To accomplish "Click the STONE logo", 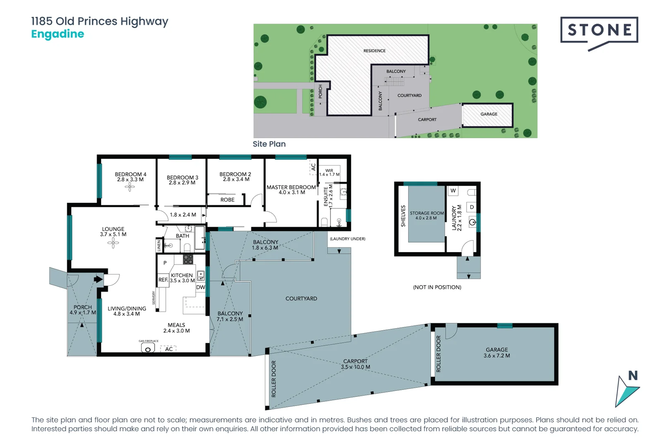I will [x=599, y=30].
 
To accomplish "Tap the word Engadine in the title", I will [x=57, y=34].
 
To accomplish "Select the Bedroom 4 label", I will [x=130, y=177].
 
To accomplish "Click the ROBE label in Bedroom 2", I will [x=227, y=199].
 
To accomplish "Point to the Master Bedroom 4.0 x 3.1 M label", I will [x=291, y=190].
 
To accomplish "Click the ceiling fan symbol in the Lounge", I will [x=113, y=243].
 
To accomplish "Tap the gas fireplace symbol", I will [x=148, y=349].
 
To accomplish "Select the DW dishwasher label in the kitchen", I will [x=201, y=287].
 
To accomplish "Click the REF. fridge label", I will [x=163, y=280].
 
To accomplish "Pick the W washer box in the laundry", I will [x=453, y=190].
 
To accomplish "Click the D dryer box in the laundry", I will [x=471, y=207].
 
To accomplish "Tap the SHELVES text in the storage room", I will [x=403, y=216].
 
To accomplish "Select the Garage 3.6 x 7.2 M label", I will [x=497, y=353].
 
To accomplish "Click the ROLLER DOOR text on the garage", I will [x=438, y=354].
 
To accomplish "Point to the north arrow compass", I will [x=627, y=389].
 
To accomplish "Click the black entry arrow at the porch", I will [x=98, y=279].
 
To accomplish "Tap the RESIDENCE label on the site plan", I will [x=374, y=51].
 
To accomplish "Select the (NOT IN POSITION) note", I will [x=437, y=287].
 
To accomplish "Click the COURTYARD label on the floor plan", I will [x=301, y=298].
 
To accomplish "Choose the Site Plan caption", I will [x=269, y=144].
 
